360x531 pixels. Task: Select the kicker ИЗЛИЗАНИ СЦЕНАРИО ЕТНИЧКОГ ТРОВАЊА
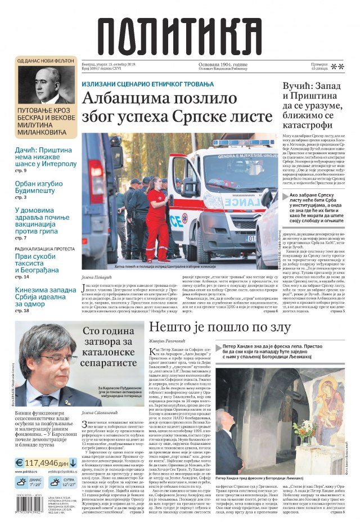tap(147, 83)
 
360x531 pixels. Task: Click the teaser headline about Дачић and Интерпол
tap(46, 157)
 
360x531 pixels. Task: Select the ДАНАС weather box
tap(28, 481)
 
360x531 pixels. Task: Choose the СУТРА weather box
tap(62, 481)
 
